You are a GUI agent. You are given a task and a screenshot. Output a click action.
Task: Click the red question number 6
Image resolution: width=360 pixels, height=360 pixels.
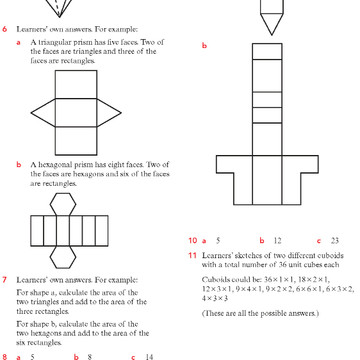pos(4,29)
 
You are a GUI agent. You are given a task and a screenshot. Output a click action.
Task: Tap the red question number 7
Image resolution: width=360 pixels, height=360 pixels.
pos(4,280)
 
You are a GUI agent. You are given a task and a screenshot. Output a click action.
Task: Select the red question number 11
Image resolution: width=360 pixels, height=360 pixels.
pos(192,256)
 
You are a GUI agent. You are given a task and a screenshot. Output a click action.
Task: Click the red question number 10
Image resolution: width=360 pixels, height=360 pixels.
pos(193,240)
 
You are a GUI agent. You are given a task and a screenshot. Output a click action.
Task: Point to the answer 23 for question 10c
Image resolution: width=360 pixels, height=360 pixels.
pos(335,240)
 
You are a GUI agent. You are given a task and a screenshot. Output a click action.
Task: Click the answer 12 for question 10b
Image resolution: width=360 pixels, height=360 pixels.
pos(277,240)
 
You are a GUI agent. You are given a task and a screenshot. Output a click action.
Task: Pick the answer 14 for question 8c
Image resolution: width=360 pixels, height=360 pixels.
pos(149,357)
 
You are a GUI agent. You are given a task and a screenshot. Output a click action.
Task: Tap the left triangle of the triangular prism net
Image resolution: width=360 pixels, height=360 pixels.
pos(43,113)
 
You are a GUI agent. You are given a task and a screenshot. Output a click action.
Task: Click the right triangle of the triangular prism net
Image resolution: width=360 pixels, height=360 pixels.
pos(109,113)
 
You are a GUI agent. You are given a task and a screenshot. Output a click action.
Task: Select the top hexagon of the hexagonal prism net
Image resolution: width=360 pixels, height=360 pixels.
pos(63,204)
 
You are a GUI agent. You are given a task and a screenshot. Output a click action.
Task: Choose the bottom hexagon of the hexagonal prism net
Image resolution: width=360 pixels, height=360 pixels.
pos(63,257)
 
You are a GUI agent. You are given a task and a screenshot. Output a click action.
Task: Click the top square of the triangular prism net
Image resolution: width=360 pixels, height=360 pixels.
pos(76,85)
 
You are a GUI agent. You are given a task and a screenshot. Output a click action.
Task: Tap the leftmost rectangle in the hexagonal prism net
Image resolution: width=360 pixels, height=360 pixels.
pos(37,231)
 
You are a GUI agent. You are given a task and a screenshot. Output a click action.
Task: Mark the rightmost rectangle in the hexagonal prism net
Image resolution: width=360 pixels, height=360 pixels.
pos(102,231)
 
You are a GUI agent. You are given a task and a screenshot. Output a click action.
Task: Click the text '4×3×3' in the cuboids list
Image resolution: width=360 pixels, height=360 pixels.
pos(215,299)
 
